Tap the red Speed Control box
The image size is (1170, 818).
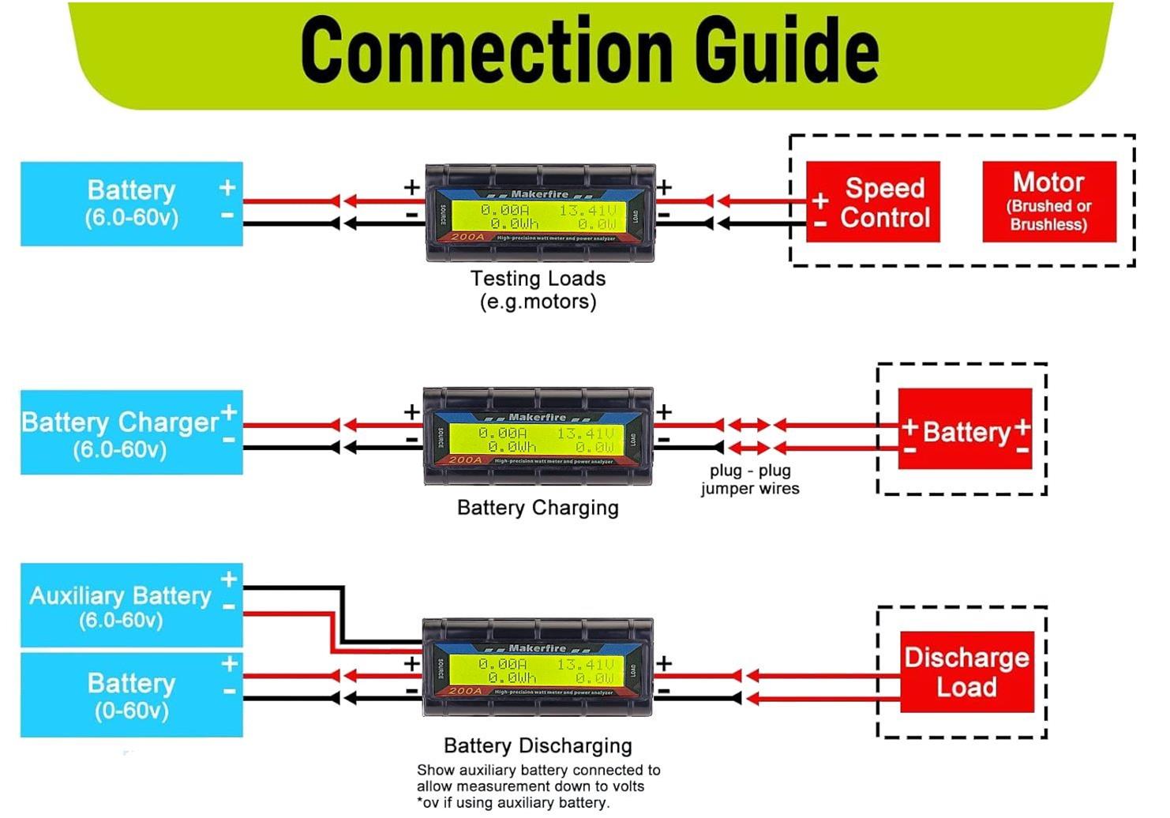(873, 202)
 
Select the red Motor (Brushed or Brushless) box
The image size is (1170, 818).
(1048, 202)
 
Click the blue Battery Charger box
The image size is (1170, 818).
(131, 433)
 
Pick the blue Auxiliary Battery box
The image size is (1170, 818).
(131, 606)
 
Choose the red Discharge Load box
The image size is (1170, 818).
(966, 672)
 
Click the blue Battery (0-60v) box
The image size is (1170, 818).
(131, 695)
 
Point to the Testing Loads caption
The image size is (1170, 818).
(538, 290)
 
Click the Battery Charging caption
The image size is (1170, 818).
(538, 508)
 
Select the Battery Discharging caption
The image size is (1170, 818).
(538, 746)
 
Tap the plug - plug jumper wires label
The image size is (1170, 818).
(750, 479)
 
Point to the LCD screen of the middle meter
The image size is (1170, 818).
(537, 440)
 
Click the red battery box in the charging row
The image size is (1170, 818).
(965, 430)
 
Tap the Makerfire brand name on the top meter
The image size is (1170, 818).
(539, 193)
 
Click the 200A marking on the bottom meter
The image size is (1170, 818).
(465, 691)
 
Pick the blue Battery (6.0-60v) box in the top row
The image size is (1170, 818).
(131, 204)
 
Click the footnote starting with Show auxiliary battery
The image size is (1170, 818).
(538, 786)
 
